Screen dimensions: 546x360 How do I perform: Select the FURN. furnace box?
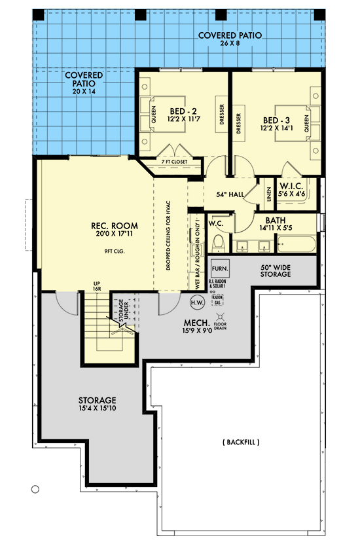[x=219, y=268]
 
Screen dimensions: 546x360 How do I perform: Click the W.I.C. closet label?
[x=290, y=189]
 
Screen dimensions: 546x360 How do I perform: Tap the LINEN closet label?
[x=269, y=194]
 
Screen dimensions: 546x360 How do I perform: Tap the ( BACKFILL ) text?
[x=240, y=443]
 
